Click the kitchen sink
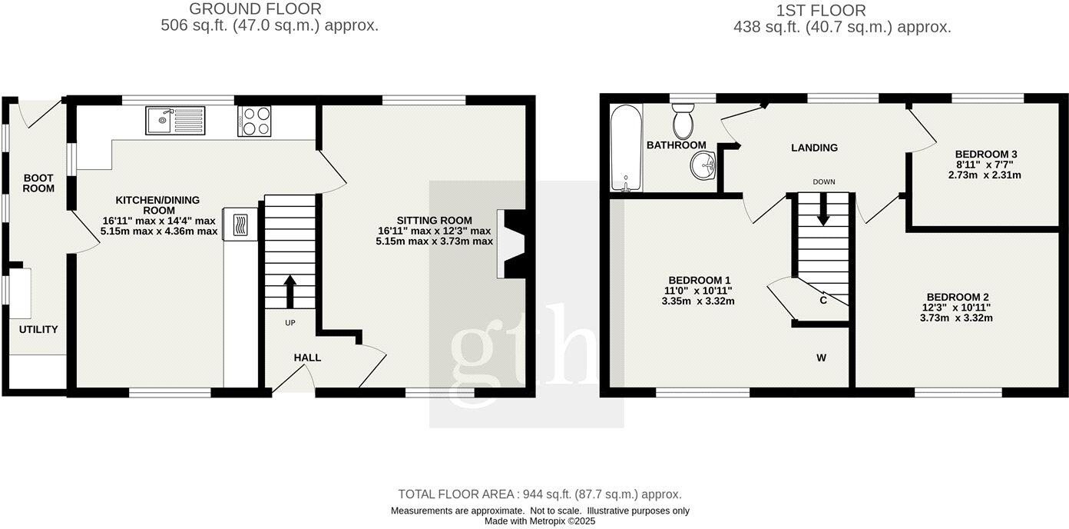[x=175, y=121]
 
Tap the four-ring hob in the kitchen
[x=255, y=121]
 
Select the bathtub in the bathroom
[x=625, y=147]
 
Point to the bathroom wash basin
[x=703, y=165]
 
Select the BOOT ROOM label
[x=38, y=183]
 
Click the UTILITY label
[x=38, y=330]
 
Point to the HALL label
[x=307, y=358]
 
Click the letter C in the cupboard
[x=823, y=301]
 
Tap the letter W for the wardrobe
[x=821, y=358]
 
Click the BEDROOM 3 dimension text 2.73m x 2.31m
[x=985, y=175]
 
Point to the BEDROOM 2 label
[x=956, y=298]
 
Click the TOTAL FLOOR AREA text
[x=539, y=494]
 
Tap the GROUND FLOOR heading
[x=255, y=9]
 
